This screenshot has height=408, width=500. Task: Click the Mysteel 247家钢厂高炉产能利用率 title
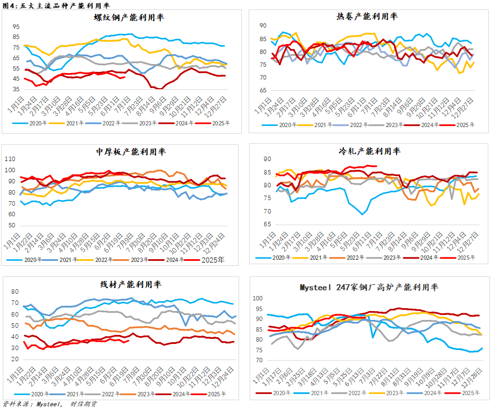click(x=369, y=288)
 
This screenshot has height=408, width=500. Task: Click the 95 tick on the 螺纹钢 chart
click(x=16, y=26)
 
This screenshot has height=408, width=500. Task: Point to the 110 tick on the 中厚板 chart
click(x=11, y=159)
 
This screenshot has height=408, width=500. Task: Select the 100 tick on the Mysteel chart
click(x=258, y=298)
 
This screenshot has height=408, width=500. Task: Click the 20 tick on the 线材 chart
click(x=14, y=361)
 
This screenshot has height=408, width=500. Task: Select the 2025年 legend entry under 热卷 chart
click(x=464, y=125)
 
